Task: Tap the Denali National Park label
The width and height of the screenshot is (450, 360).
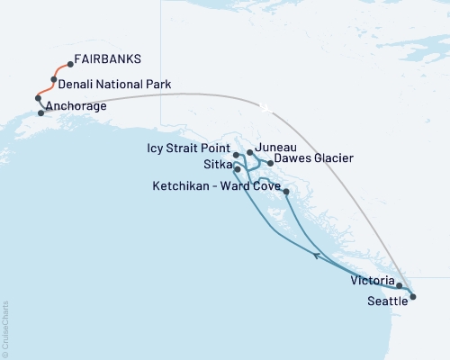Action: (x=116, y=85)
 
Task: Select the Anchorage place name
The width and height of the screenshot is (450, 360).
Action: (x=77, y=106)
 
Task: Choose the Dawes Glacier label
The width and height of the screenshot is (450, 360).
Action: (x=313, y=158)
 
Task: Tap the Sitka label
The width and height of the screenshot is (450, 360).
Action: (x=216, y=165)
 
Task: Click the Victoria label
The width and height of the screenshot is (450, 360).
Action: (x=371, y=280)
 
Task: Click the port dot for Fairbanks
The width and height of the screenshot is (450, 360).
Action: (x=70, y=65)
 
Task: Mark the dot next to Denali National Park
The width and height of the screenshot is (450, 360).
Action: (x=54, y=80)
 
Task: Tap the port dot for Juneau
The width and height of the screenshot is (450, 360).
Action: (x=249, y=153)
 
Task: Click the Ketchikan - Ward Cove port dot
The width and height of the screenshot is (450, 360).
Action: (x=286, y=192)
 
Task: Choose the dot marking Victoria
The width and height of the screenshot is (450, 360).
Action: (x=399, y=285)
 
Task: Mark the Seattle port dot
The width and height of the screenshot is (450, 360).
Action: (x=411, y=295)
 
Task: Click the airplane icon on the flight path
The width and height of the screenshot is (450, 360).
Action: (x=265, y=107)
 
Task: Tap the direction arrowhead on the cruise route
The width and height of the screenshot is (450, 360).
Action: (x=316, y=256)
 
